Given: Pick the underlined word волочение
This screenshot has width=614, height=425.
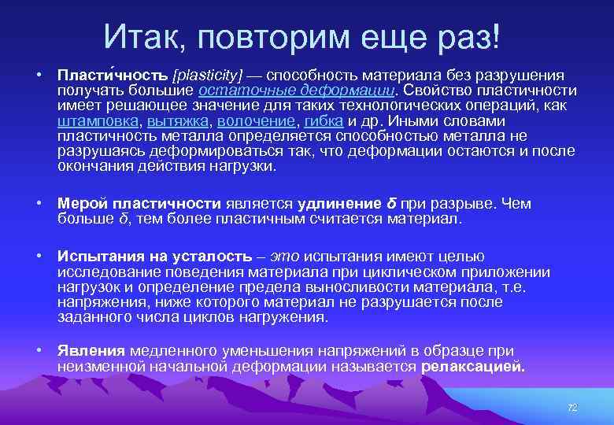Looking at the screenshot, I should pyautogui.click(x=257, y=122).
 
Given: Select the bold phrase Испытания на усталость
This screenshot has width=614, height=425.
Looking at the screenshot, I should pyautogui.click(x=157, y=257).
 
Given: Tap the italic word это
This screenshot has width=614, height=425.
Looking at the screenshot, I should pyautogui.click(x=283, y=257).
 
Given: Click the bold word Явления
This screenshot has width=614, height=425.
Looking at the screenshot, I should pyautogui.click(x=91, y=351).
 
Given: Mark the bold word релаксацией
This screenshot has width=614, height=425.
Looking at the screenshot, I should pyautogui.click(x=473, y=367).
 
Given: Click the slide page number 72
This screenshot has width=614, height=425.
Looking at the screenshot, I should pyautogui.click(x=572, y=407).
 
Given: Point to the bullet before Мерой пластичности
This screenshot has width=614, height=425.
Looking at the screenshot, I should pyautogui.click(x=39, y=204).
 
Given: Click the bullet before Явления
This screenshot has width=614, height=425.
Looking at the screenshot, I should pyautogui.click(x=39, y=351).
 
